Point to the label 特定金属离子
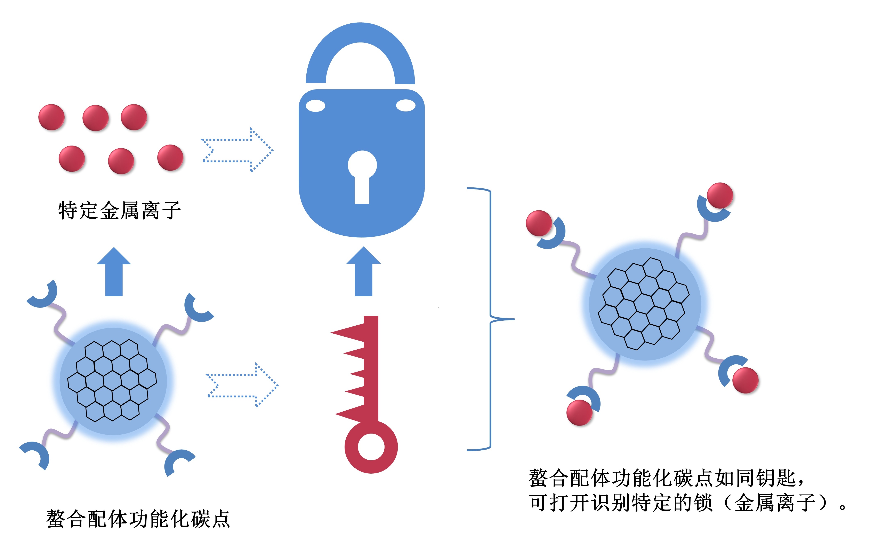pyautogui.click(x=119, y=210)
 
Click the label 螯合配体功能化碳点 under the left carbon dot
pyautogui.click(x=138, y=519)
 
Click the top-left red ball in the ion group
pyautogui.click(x=51, y=117)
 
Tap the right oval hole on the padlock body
pyautogui.click(x=405, y=106)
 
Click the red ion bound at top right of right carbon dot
pyautogui.click(x=720, y=196)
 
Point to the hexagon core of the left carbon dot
pyautogui.click(x=112, y=381)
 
